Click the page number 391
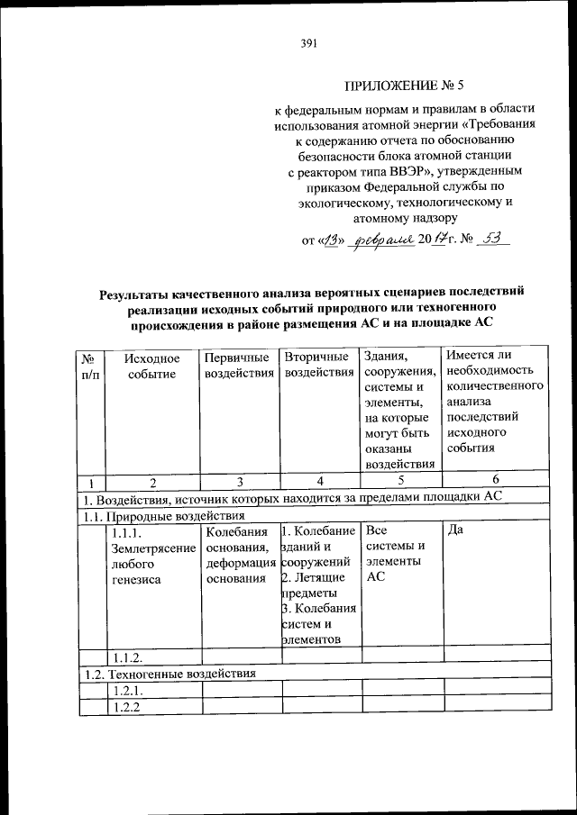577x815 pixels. (x=306, y=41)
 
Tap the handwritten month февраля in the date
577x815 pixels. (x=381, y=240)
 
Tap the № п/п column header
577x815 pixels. (x=89, y=367)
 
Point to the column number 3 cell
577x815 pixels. (x=240, y=481)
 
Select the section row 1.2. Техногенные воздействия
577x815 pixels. (x=170, y=673)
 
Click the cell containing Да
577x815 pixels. (x=455, y=530)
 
